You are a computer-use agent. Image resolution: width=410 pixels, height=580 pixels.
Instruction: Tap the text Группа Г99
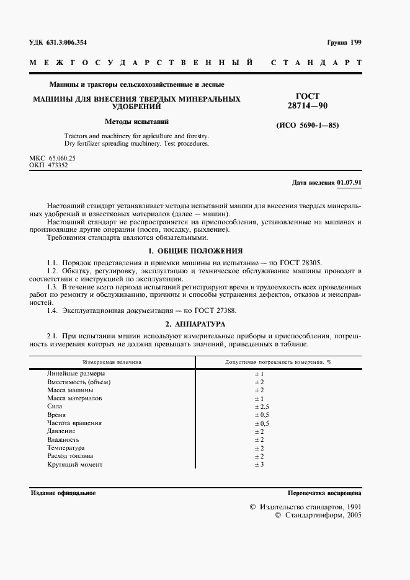point(344,42)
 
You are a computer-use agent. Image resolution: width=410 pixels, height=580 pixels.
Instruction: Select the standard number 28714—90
point(308,107)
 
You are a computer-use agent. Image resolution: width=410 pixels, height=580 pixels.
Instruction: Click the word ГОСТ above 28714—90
point(308,97)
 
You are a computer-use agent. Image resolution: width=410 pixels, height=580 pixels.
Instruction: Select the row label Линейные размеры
point(76,374)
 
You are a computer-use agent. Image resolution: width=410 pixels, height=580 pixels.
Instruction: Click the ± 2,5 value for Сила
point(262,406)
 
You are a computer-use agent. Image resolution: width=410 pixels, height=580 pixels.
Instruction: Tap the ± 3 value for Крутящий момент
point(259,464)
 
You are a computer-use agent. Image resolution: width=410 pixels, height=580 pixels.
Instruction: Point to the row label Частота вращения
point(74,423)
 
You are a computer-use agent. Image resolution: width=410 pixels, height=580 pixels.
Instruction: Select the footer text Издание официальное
point(63,493)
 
